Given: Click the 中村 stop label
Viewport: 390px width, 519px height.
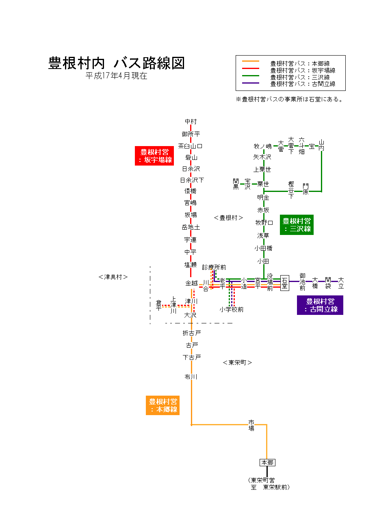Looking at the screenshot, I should (191, 121).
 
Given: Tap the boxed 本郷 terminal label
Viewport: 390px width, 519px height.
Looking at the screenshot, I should (267, 463).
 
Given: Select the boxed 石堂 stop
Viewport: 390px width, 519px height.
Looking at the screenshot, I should (284, 283).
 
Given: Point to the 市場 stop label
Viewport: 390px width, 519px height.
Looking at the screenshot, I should (251, 425).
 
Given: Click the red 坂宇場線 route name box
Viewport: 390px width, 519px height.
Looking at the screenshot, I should (154, 156).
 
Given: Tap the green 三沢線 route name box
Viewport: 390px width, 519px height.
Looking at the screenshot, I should (297, 225).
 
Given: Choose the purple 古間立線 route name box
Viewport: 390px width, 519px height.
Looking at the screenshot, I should (320, 305).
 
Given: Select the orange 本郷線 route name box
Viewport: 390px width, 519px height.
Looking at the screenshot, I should (162, 405).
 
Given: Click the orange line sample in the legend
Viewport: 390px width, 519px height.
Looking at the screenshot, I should (250, 62).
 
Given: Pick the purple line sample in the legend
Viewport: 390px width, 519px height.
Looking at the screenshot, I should (250, 83).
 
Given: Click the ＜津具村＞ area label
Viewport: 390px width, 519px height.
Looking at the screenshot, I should (113, 277).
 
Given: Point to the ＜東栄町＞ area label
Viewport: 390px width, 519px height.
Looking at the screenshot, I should (237, 362).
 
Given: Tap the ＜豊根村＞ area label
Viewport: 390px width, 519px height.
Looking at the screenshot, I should (228, 218).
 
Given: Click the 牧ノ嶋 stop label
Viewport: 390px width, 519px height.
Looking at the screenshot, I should (262, 146).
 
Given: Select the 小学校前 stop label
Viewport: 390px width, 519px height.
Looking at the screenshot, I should (232, 310).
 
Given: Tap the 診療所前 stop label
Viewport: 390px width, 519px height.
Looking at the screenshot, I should (214, 267).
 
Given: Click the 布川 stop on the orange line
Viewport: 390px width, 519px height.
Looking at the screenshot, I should (191, 377).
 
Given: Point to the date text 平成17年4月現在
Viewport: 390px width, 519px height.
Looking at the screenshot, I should (116, 76).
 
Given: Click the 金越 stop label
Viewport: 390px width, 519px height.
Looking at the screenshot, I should (191, 283).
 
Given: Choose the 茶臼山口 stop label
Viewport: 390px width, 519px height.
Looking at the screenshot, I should (190, 146).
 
